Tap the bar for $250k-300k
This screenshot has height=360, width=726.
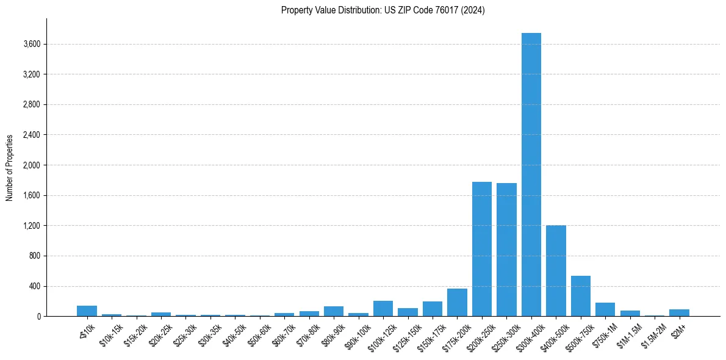pos(506,250)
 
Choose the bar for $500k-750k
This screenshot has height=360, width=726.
pos(580,296)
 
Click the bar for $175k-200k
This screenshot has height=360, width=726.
pos(457,303)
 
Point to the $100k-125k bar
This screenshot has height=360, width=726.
pos(383,309)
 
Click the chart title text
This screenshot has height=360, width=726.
pos(383,10)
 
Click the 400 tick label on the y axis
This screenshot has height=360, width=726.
pos(34,286)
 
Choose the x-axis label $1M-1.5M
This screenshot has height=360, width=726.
pos(628,333)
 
